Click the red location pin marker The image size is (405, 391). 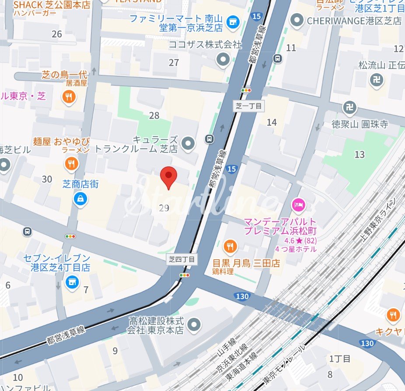pyautogui.click(x=168, y=176)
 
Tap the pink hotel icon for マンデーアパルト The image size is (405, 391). pyautogui.click(x=298, y=204)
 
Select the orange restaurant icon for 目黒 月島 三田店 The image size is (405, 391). pyautogui.click(x=230, y=247)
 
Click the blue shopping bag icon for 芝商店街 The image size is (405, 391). pyautogui.click(x=80, y=200)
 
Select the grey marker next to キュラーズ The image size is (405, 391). pyautogui.click(x=188, y=143)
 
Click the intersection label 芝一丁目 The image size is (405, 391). pyautogui.click(x=248, y=106)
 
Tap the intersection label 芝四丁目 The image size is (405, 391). pyautogui.click(x=183, y=260)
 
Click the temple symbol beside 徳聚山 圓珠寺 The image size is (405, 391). pyautogui.click(x=349, y=107)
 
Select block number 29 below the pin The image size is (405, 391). pyautogui.click(x=164, y=208)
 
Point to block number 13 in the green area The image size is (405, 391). pyautogui.click(x=360, y=154)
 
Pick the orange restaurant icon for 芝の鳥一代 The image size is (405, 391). pyautogui.click(x=68, y=97)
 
